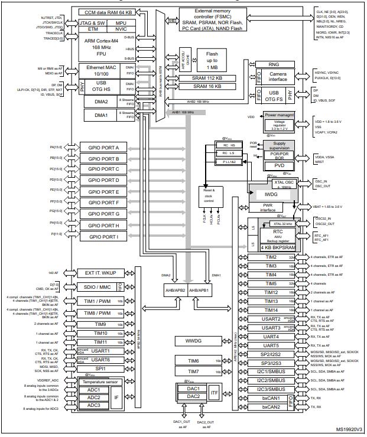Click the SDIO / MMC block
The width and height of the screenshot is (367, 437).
(x=97, y=288)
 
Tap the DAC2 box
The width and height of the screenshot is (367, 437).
(x=193, y=396)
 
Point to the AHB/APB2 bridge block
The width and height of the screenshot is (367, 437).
(x=179, y=290)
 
